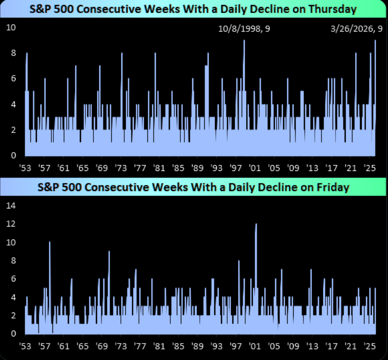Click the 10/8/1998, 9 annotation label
(244, 29)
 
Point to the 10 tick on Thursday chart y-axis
(11, 27)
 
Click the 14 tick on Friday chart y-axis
(11, 205)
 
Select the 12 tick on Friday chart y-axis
(11, 224)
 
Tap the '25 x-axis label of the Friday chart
(370, 346)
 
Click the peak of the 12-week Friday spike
(256, 224)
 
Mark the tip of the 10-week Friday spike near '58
(49, 242)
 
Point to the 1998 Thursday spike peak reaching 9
(244, 40)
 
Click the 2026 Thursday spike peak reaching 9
(375, 40)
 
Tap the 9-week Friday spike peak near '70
(109, 251)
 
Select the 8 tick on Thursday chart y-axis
(13, 53)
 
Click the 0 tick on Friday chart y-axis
(13, 333)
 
